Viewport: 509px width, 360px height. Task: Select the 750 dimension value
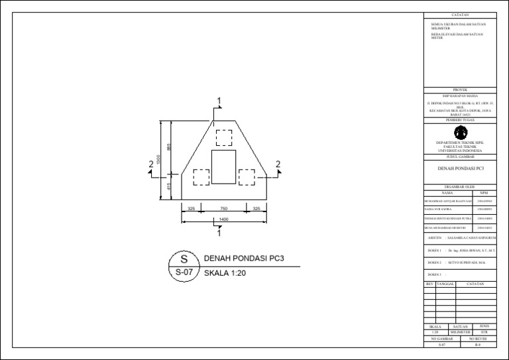pos(223,208)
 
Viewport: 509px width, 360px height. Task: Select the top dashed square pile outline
pos(223,137)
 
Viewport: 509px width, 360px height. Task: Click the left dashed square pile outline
pos(201,177)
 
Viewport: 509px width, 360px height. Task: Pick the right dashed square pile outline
pos(247,177)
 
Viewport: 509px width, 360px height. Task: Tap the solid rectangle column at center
pos(223,166)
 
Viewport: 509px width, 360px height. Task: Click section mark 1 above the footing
pos(218,101)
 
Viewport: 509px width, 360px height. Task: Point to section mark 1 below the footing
pos(218,233)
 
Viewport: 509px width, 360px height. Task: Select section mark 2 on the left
pos(152,164)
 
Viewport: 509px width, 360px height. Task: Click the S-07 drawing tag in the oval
pos(184,272)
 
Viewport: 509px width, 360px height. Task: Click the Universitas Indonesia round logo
pos(459,133)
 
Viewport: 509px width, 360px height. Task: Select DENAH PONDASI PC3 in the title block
pos(459,169)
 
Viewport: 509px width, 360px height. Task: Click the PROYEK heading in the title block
pos(459,90)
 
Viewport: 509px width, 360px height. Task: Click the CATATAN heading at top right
pos(459,14)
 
